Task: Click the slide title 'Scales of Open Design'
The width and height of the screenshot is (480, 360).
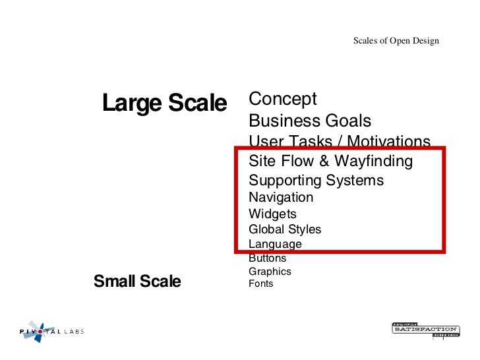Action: pyautogui.click(x=396, y=41)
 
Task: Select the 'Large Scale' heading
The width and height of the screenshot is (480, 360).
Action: pyautogui.click(x=164, y=103)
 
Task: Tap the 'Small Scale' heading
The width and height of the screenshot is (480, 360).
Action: pyautogui.click(x=137, y=282)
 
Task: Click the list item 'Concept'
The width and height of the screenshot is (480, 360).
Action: pyautogui.click(x=283, y=99)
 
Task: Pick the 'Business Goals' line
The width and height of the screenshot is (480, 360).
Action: pyautogui.click(x=310, y=121)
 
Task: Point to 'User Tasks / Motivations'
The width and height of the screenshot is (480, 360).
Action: pyautogui.click(x=340, y=141)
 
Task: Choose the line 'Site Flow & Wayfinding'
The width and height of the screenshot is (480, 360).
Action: pyautogui.click(x=330, y=161)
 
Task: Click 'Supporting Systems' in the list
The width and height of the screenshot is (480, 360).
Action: pyautogui.click(x=316, y=180)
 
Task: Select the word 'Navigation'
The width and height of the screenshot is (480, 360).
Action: pyautogui.click(x=281, y=197)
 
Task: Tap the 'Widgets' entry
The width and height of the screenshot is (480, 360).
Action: pyautogui.click(x=272, y=214)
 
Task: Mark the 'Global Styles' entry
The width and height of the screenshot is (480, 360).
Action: pyautogui.click(x=285, y=229)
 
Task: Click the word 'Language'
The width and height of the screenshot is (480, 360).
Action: pyautogui.click(x=275, y=244)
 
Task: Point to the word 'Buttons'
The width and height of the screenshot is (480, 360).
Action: pyautogui.click(x=267, y=258)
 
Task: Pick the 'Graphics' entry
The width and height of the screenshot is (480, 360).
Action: pyautogui.click(x=270, y=271)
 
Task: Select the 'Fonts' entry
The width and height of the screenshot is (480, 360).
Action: pyautogui.click(x=260, y=284)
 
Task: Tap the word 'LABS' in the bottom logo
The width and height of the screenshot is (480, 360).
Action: pyautogui.click(x=74, y=332)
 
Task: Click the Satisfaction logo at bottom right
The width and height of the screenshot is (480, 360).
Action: pyautogui.click(x=425, y=329)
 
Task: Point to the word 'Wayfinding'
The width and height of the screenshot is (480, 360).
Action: pyautogui.click(x=373, y=161)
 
